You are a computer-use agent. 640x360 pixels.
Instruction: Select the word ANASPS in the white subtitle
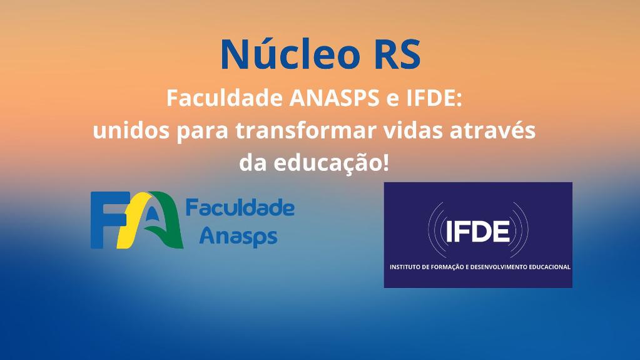tap(334, 98)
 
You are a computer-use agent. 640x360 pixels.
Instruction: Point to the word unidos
tap(131, 131)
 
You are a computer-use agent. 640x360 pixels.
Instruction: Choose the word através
tap(492, 131)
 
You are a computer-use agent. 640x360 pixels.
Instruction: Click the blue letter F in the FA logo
tap(104, 220)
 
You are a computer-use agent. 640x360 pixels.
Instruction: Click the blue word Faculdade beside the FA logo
tap(240, 208)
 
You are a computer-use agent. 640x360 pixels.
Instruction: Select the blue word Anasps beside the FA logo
tap(238, 237)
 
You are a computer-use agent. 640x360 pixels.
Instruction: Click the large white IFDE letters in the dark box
tap(478, 231)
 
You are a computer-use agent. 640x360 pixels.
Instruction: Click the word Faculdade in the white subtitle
tap(225, 98)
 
